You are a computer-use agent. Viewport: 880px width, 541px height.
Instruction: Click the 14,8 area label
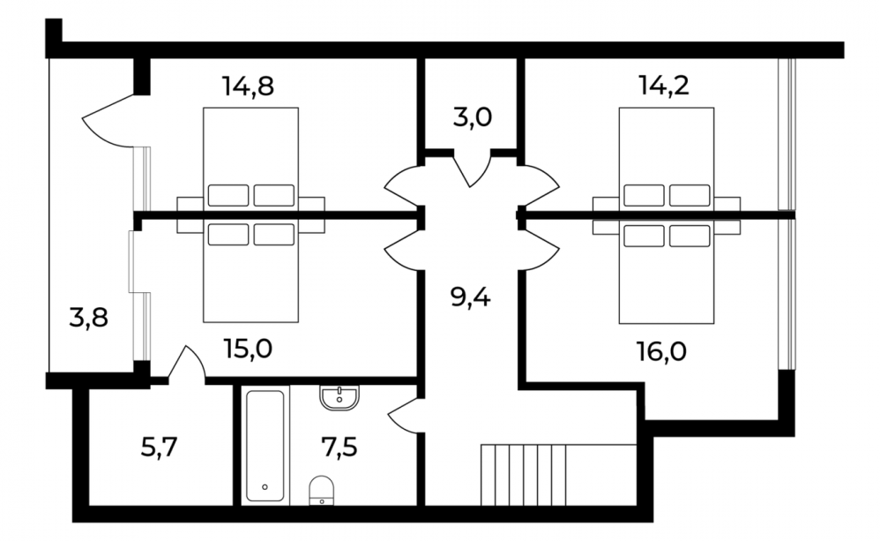click(248, 86)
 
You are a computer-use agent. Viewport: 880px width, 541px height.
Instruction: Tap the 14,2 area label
click(664, 86)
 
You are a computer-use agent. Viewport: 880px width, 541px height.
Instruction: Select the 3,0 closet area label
click(472, 118)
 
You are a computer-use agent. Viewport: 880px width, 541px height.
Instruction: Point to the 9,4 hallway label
click(470, 297)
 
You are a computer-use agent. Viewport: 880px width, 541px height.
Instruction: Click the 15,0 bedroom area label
click(248, 349)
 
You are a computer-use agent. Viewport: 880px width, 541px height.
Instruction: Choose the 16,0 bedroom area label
click(661, 352)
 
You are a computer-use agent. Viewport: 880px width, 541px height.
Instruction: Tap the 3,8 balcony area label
click(88, 318)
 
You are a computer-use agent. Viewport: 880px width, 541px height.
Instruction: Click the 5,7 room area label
click(159, 448)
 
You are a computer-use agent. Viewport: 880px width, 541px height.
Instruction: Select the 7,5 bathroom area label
click(339, 448)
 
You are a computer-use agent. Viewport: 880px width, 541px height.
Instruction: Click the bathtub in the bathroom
click(265, 446)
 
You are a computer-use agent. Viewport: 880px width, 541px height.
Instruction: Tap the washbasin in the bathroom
click(339, 398)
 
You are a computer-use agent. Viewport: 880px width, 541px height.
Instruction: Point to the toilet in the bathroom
click(322, 491)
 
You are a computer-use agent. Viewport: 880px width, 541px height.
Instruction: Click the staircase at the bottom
click(524, 475)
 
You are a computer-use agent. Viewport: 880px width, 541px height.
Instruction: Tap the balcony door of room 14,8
click(110, 120)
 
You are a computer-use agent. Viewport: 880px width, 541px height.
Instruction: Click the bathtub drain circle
click(265, 487)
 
